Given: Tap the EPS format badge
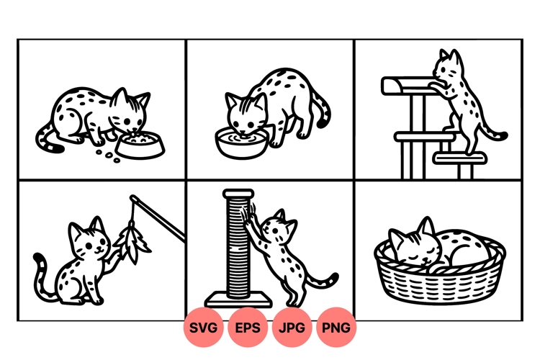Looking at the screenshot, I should (x=249, y=328).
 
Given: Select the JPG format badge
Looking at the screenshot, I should (x=293, y=328).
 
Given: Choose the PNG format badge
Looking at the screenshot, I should (x=336, y=328).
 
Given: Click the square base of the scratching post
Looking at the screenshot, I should (x=238, y=299).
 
